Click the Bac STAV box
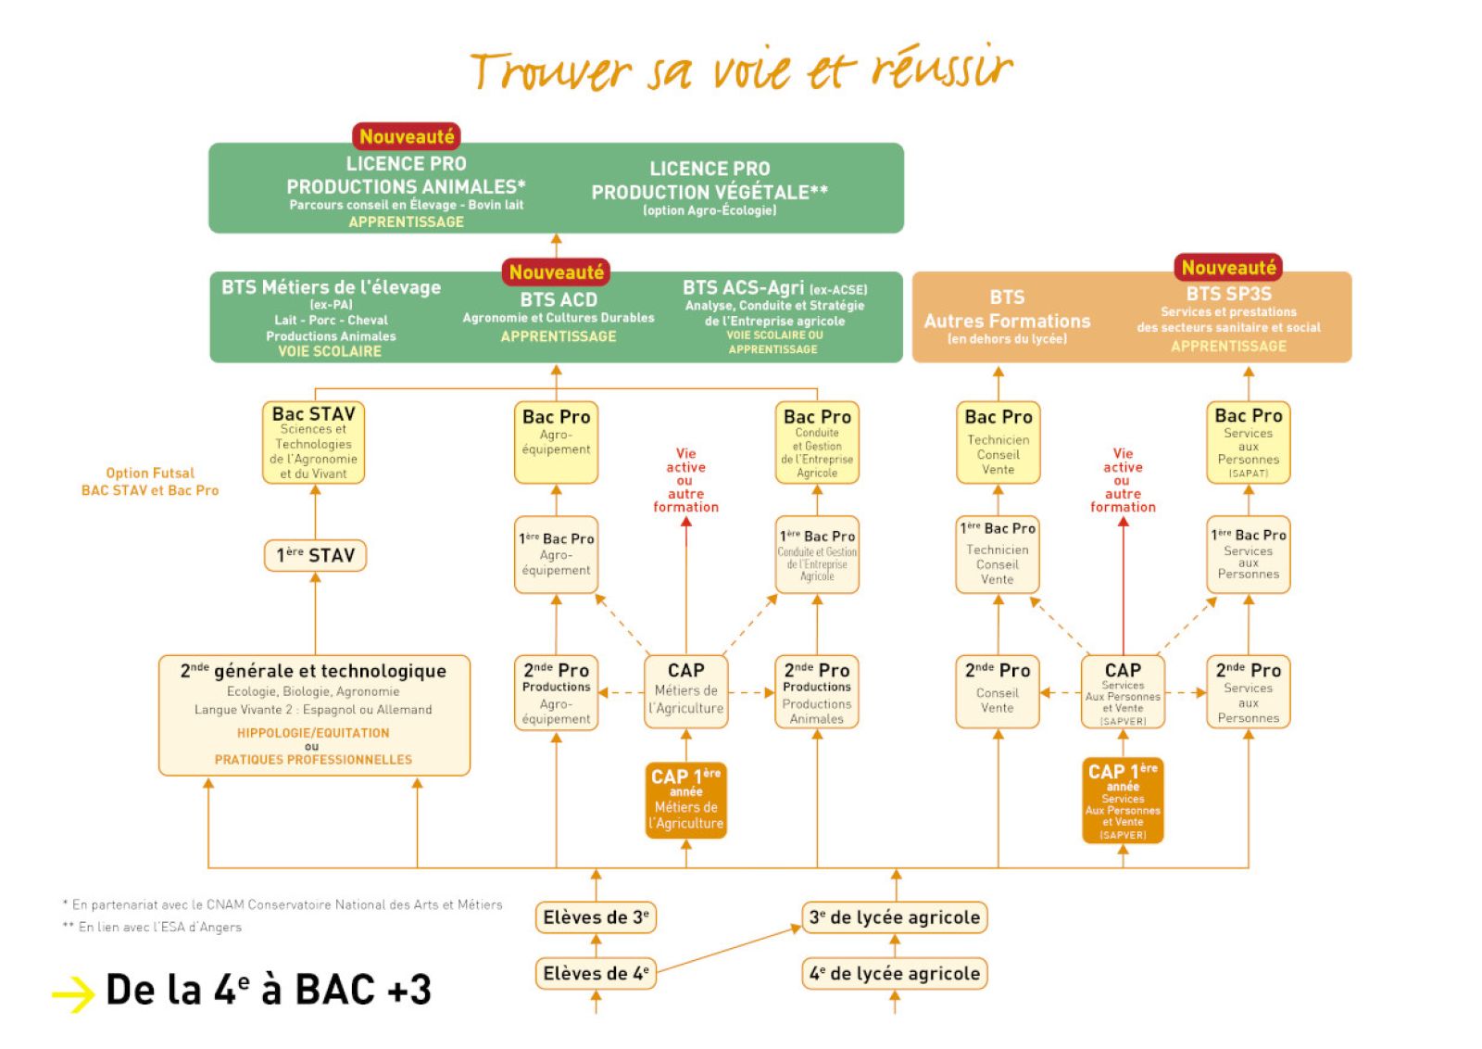(x=314, y=442)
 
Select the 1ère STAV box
(x=315, y=555)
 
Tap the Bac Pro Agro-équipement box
(x=556, y=442)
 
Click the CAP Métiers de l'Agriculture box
(x=686, y=691)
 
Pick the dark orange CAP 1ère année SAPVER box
(x=1123, y=801)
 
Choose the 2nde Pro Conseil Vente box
(x=998, y=691)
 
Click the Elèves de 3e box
(x=596, y=917)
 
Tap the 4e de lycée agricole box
(x=894, y=973)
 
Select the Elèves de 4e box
(x=596, y=973)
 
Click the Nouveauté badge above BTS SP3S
(x=1228, y=268)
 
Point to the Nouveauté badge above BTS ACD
(x=556, y=272)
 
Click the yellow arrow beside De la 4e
(x=73, y=994)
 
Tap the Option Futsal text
(x=150, y=473)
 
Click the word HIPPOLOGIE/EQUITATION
(x=313, y=733)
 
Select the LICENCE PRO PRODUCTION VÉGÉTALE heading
(x=710, y=181)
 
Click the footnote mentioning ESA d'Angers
(x=153, y=927)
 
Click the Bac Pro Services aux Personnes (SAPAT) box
(x=1248, y=442)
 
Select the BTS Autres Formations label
(x=1007, y=315)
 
